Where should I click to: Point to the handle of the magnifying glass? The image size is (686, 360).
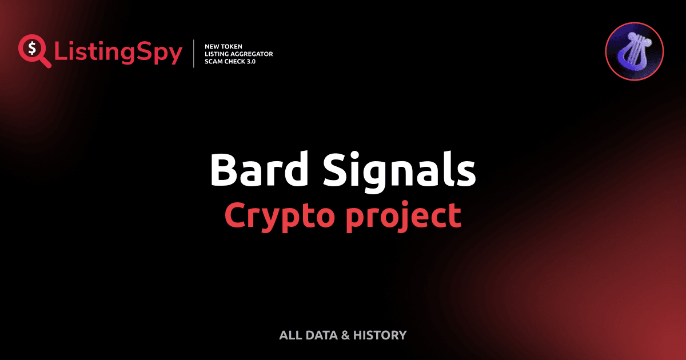[x=45, y=62]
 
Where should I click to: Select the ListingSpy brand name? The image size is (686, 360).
[x=118, y=53]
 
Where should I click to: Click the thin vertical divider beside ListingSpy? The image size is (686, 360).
[x=194, y=54]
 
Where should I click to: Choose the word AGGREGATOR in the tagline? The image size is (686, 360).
[x=252, y=54]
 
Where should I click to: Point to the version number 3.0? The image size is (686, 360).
[x=250, y=62]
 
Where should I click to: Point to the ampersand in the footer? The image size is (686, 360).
[x=345, y=335]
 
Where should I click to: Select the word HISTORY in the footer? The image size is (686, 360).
[x=380, y=335]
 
